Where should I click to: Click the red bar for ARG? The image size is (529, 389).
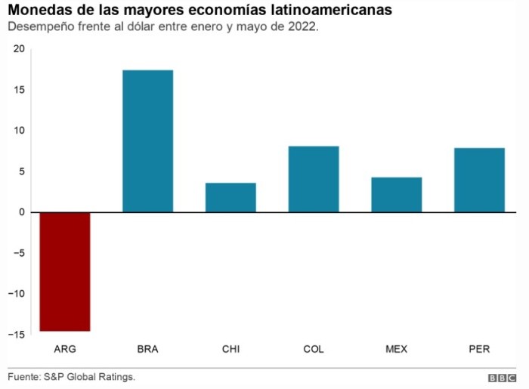(x=65, y=271)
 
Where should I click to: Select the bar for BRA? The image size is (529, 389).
(x=147, y=140)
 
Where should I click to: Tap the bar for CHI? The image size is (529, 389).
(x=230, y=197)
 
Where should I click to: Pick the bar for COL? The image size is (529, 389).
(x=314, y=179)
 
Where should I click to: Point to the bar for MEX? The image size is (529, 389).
(x=396, y=194)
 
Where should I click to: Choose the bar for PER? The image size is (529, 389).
(x=479, y=180)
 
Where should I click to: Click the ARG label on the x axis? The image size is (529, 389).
(x=65, y=349)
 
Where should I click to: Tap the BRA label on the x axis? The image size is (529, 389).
(x=147, y=349)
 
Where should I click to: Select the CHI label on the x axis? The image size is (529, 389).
(x=230, y=349)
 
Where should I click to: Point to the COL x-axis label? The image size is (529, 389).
(x=314, y=349)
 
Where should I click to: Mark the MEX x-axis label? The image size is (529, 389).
(x=396, y=349)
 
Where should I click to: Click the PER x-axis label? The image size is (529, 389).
(x=479, y=349)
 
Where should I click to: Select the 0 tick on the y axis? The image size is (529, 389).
(x=21, y=212)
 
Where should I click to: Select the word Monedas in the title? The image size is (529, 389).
(x=36, y=11)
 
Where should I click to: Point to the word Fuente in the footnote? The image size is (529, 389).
(x=23, y=376)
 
